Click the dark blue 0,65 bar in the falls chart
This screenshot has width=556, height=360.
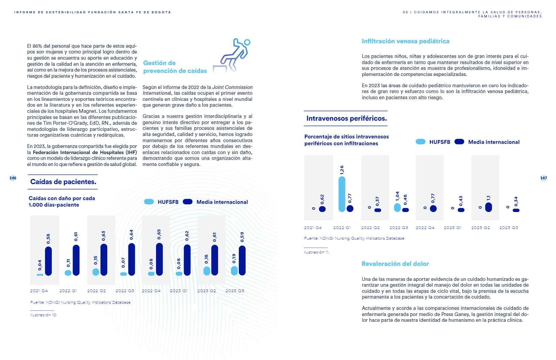[x=159, y=259]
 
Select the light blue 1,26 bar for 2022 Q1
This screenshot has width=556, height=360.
[x=342, y=194]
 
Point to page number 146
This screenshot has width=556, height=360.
[x=13, y=178]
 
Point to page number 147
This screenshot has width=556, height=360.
[x=543, y=178]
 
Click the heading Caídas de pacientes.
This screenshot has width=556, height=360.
[x=63, y=182]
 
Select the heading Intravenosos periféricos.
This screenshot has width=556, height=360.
[x=346, y=118]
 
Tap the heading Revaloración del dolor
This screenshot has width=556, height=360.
[x=395, y=264]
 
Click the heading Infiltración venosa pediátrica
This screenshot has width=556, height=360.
[x=405, y=41]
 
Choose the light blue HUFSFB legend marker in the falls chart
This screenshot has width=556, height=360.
[x=149, y=202]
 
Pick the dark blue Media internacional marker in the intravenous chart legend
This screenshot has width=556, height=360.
[x=459, y=142]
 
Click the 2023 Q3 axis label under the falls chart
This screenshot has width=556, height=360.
[x=235, y=291]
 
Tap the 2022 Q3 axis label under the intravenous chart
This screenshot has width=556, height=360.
[x=399, y=228]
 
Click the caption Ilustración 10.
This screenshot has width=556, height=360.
[x=44, y=315]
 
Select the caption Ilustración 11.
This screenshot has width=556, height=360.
[x=316, y=252]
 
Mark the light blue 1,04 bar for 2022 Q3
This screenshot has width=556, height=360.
[x=397, y=207]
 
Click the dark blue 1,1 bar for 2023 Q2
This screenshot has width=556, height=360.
[x=488, y=207]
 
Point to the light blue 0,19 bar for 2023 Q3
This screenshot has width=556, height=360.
[x=234, y=271]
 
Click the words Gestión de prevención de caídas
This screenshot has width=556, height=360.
[x=175, y=67]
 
